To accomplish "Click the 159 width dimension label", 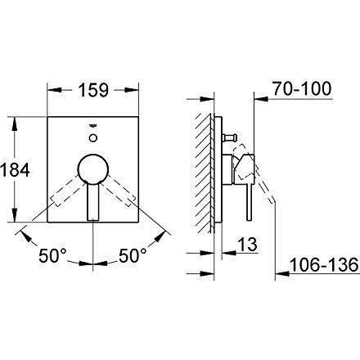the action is point(93,90).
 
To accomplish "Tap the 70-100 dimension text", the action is point(302,88).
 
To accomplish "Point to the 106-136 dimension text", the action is point(324,264).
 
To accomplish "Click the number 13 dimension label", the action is point(248,244).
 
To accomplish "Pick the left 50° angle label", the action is point(52,255).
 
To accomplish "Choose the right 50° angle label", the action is point(133,255).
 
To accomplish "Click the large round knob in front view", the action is point(93,169).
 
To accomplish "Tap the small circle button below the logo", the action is point(93,137).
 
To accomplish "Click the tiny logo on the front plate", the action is point(93,126).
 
